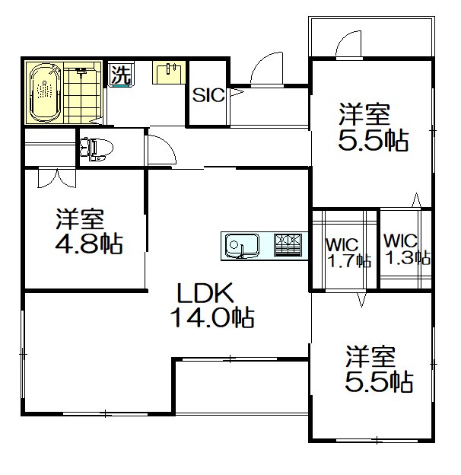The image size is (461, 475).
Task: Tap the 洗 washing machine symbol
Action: pyautogui.click(x=119, y=75)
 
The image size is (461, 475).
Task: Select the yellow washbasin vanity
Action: pyautogui.click(x=167, y=74)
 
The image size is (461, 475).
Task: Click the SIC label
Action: pyautogui.click(x=208, y=96)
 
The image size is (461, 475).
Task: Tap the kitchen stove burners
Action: pyautogui.click(x=288, y=244)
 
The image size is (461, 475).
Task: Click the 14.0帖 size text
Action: pyautogui.click(x=211, y=317)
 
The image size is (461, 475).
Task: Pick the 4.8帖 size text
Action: pyautogui.click(x=90, y=246)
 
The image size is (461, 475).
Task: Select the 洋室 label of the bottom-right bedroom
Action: pyautogui.click(x=372, y=356)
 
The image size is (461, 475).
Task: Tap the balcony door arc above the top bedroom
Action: pyautogui.click(x=348, y=40)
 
